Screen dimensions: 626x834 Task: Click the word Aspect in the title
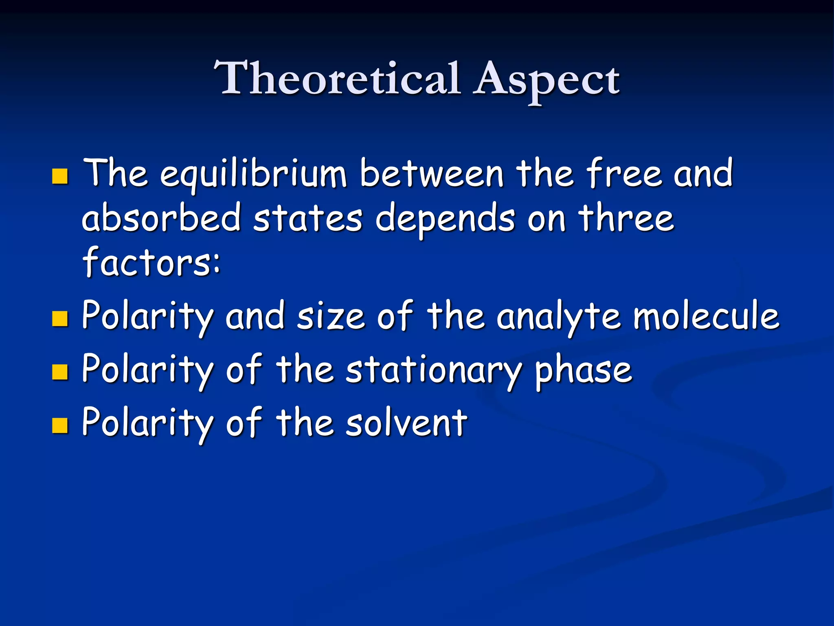[x=546, y=80]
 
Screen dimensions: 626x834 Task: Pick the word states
[x=307, y=218]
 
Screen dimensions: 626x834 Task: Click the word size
[x=331, y=316]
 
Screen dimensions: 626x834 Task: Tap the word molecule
[x=707, y=316]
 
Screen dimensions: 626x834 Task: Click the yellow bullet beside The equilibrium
[x=60, y=176]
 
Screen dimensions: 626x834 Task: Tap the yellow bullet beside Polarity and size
[x=60, y=319]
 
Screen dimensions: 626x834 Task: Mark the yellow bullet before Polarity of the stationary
[x=60, y=372]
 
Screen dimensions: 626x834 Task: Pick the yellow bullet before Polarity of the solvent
[x=60, y=425]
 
